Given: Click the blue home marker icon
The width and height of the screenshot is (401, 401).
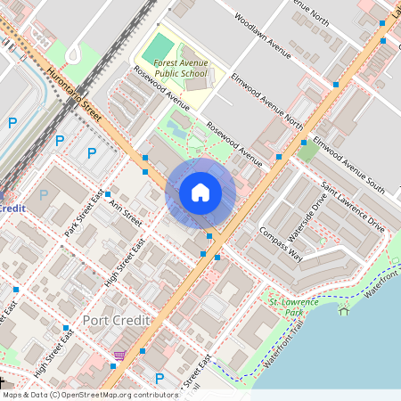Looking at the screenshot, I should coord(200,192).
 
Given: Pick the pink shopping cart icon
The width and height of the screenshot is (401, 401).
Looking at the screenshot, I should coord(119,356).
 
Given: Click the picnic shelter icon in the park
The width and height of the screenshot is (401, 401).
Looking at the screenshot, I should coord(344,310).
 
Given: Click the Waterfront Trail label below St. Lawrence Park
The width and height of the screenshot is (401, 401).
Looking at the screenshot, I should coord(287,350).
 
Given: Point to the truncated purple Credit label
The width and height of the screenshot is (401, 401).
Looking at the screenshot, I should coord(11,207).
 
